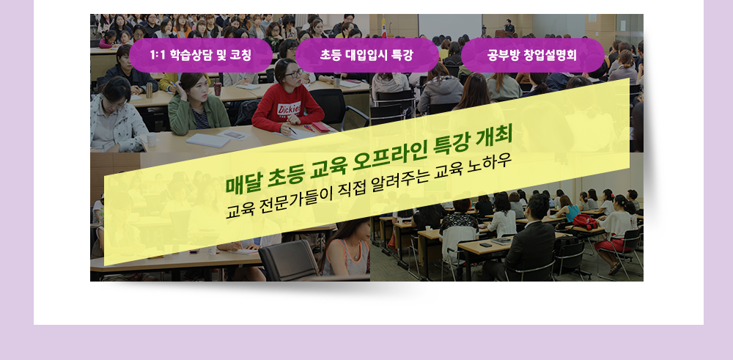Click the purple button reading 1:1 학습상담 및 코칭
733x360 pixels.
click(201, 55)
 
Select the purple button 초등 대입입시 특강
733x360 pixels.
click(367, 55)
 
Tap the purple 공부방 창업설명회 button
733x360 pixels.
click(532, 55)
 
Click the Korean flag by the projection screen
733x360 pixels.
click(384, 27)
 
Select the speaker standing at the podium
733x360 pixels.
click(509, 26)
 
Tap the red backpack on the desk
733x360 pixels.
click(585, 221)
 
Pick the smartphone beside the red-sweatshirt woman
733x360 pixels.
click(234, 134)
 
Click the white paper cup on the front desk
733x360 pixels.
click(152, 140)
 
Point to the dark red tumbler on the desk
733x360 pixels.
click(218, 89)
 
